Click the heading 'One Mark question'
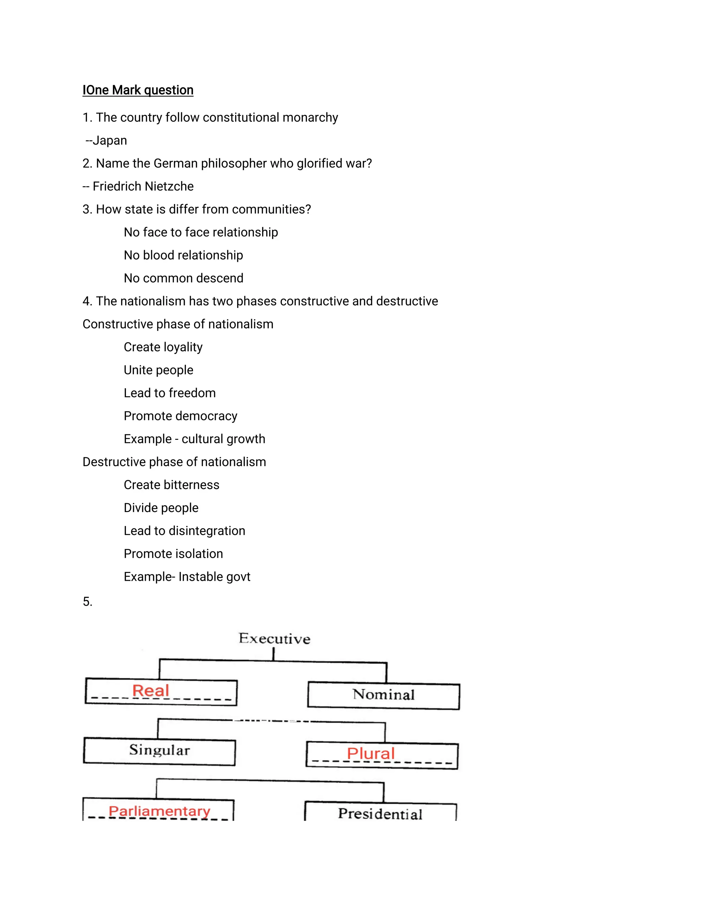tap(138, 90)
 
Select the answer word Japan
tap(110, 140)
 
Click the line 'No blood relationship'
tap(183, 255)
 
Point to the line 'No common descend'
tap(183, 278)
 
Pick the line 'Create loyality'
tap(163, 347)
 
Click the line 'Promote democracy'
tap(180, 416)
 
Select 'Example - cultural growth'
tap(194, 439)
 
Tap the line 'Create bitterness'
tap(171, 485)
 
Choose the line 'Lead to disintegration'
tap(184, 531)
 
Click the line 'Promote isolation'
tap(173, 553)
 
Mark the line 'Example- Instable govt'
tap(187, 577)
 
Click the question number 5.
tap(87, 601)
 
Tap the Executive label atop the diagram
tap(274, 639)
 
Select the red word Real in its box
tap(150, 691)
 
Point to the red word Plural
tap(370, 753)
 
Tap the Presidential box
tap(380, 814)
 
